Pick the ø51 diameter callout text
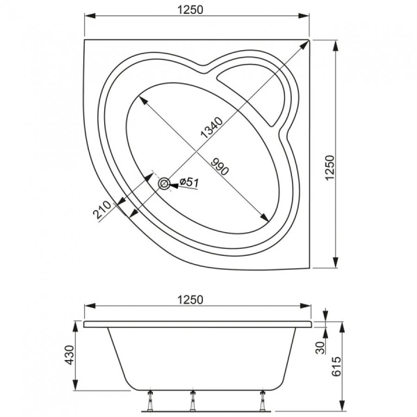point(188,182)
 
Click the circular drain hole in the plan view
point(164,183)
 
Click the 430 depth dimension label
point(68,357)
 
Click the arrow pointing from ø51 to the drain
point(174,184)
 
